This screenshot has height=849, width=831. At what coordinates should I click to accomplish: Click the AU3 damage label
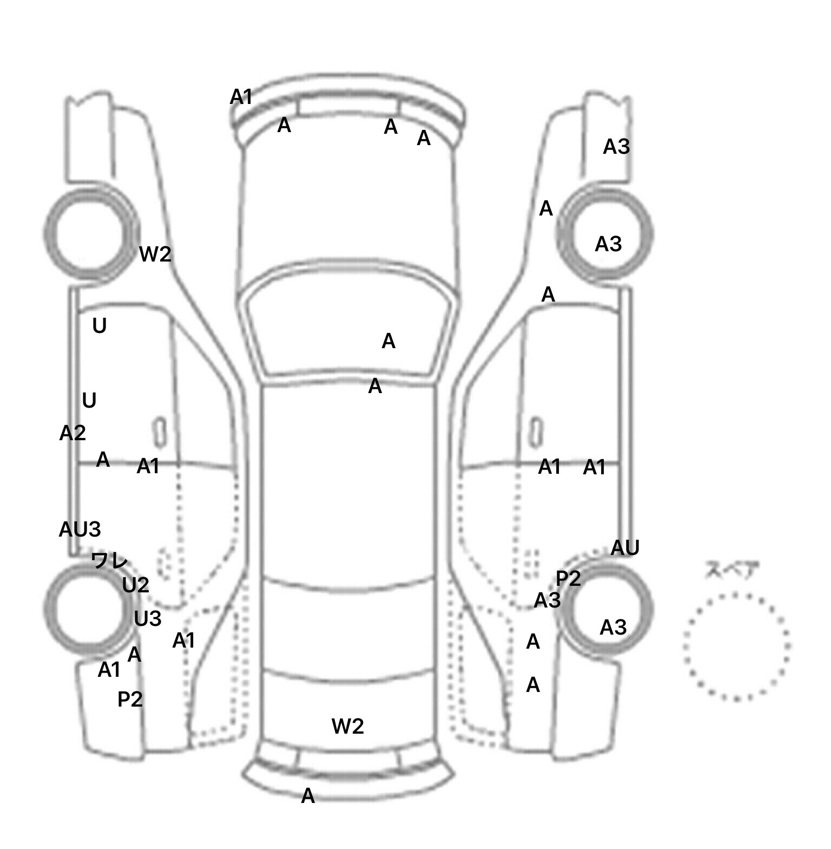pyautogui.click(x=80, y=529)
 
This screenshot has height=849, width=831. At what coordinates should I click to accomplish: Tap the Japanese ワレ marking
pyautogui.click(x=109, y=560)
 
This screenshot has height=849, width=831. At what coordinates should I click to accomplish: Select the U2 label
pyautogui.click(x=135, y=585)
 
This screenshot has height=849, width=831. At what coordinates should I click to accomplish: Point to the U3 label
pyautogui.click(x=147, y=618)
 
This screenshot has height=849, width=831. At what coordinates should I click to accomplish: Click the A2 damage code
pyautogui.click(x=72, y=433)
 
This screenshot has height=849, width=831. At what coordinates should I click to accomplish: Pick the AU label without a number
pyautogui.click(x=625, y=548)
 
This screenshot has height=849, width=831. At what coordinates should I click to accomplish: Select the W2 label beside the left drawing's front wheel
pyautogui.click(x=155, y=254)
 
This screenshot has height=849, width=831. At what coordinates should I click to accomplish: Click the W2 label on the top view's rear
pyautogui.click(x=347, y=726)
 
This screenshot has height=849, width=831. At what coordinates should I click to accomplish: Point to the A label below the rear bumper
pyautogui.click(x=308, y=796)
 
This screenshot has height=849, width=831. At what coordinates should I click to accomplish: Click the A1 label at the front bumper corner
pyautogui.click(x=241, y=97)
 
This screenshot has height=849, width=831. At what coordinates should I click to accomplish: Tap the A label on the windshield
pyautogui.click(x=388, y=341)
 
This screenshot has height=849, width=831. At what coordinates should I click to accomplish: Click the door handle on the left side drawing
pyautogui.click(x=160, y=433)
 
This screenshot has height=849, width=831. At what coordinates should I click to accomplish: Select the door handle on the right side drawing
pyautogui.click(x=535, y=433)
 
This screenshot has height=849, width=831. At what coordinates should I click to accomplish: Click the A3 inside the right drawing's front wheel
pyautogui.click(x=608, y=244)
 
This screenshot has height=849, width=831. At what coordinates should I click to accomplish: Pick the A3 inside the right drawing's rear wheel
pyautogui.click(x=613, y=628)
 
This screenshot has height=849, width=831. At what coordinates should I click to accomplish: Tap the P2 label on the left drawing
pyautogui.click(x=130, y=700)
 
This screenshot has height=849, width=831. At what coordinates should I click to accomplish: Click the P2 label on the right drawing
pyautogui.click(x=568, y=579)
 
